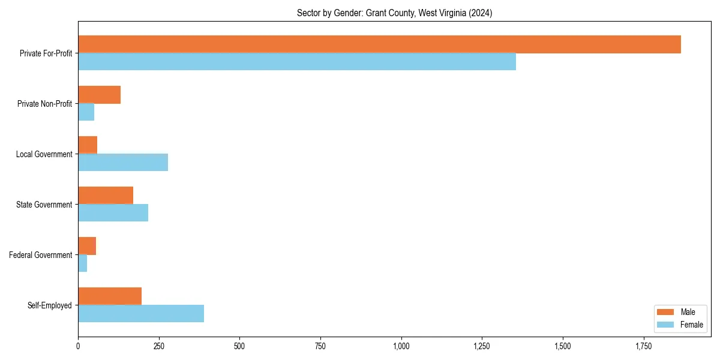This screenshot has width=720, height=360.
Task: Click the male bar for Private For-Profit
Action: click(x=379, y=44)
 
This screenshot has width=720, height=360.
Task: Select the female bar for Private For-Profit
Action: click(x=297, y=61)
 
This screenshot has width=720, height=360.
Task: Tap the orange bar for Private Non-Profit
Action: click(x=99, y=95)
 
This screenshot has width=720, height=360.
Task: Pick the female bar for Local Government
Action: click(x=123, y=162)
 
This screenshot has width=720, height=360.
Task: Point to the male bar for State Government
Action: click(x=106, y=196)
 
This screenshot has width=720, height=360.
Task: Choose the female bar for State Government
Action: click(x=113, y=212)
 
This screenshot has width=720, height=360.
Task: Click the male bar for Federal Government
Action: click(x=87, y=246)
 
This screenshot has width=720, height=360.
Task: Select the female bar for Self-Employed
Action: click(x=141, y=313)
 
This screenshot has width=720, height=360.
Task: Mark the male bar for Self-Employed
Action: click(x=110, y=296)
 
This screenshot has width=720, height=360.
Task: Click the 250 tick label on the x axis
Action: click(x=159, y=346)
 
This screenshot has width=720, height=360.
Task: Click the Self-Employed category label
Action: click(x=50, y=305)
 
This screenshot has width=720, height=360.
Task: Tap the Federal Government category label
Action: click(x=41, y=255)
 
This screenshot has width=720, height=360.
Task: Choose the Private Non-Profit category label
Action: click(x=44, y=104)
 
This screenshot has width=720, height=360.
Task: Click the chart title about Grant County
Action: click(x=394, y=13)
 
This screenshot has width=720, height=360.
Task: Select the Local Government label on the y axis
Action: click(x=44, y=154)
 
